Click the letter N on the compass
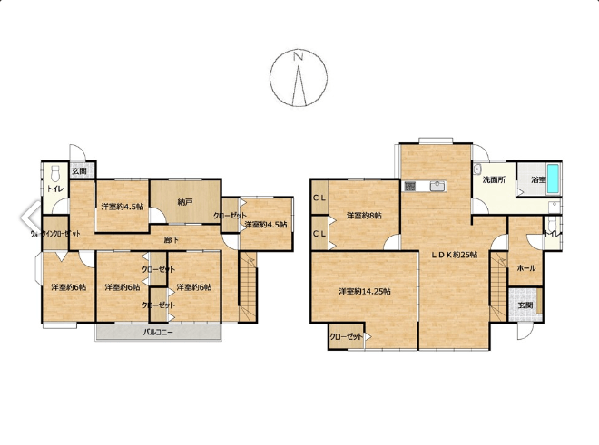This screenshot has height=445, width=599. click(x=298, y=56)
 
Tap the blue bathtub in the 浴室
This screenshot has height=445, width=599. click(x=553, y=179)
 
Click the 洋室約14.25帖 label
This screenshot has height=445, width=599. click(x=365, y=291)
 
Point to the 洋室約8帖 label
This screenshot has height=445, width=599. click(x=364, y=216)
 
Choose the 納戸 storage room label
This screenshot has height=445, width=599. click(x=185, y=202)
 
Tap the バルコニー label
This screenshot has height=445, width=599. click(x=158, y=332)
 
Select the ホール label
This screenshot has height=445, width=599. click(x=526, y=268)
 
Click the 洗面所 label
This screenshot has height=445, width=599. click(x=494, y=179)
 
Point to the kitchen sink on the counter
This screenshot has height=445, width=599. click(x=437, y=186)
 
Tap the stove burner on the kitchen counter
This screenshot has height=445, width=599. click(x=410, y=186)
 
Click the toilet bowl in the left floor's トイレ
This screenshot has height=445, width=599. click(x=55, y=174)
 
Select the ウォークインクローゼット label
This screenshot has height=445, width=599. click(x=55, y=234)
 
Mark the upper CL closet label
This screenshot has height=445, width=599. click(x=319, y=198)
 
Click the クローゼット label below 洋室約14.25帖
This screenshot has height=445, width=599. click(x=346, y=336)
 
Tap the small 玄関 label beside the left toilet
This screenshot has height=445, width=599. click(x=79, y=171)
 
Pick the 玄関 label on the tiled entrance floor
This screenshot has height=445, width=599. click(x=525, y=305)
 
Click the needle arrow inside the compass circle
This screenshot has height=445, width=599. click(x=299, y=85)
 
